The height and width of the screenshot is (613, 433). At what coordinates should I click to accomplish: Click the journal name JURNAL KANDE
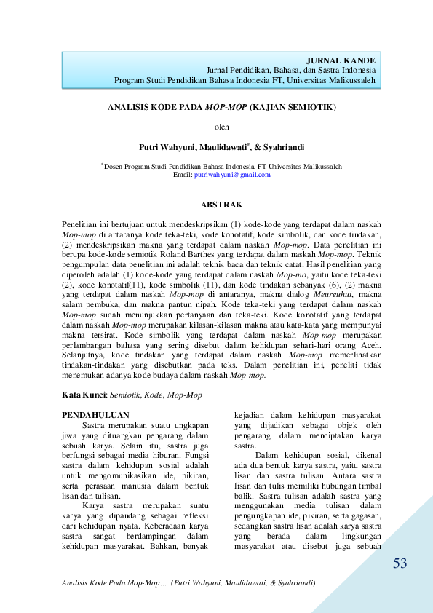(341, 60)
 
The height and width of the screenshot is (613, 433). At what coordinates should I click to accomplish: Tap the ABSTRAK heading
(221, 205)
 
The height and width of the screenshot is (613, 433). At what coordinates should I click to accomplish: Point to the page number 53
(400, 564)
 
